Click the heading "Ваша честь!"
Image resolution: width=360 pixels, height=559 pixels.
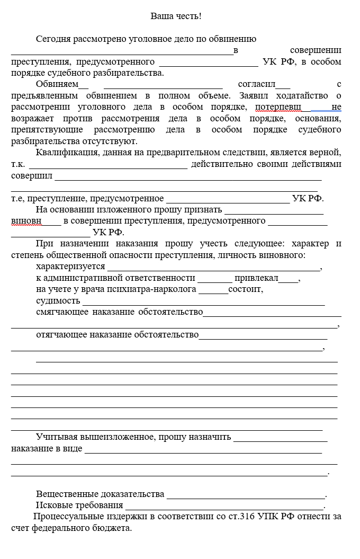pyautogui.click(x=176, y=16)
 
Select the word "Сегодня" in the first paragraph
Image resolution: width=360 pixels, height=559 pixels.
pyautogui.click(x=52, y=39)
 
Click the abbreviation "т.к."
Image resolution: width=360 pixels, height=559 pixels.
pyautogui.click(x=19, y=164)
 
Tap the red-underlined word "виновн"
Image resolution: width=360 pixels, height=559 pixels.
pyautogui.click(x=25, y=221)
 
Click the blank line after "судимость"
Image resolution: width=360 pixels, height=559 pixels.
pyautogui.click(x=203, y=301)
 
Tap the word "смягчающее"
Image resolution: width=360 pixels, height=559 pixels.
pyautogui.click(x=62, y=312)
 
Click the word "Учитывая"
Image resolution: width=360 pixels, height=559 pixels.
pyautogui.click(x=57, y=437)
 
